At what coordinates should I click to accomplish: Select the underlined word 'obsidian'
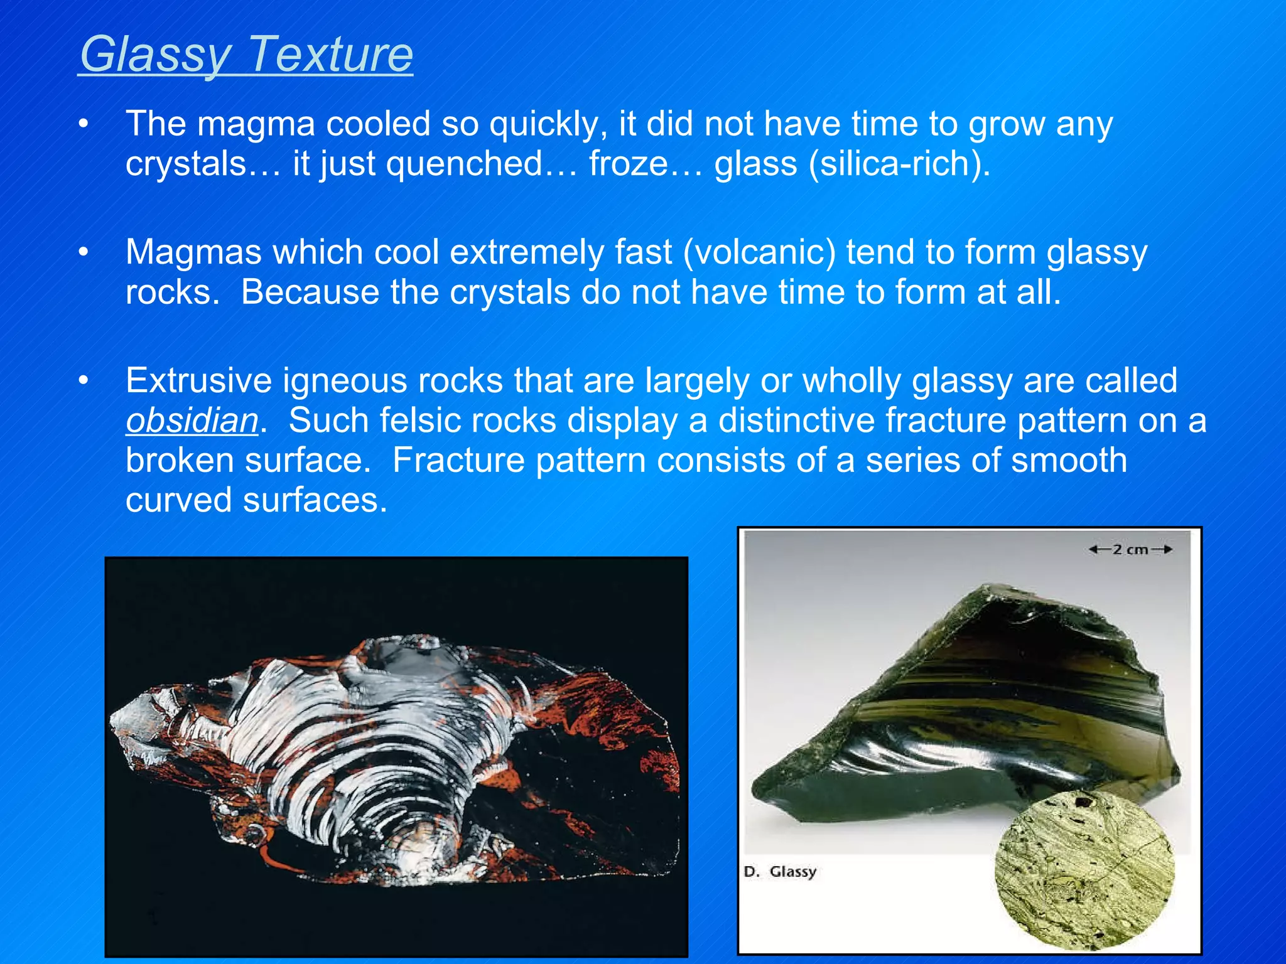coord(192,420)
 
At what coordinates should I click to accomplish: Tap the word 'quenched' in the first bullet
coord(464,164)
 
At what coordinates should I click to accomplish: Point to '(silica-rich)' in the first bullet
coord(899,164)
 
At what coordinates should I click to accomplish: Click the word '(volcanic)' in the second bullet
coord(759,252)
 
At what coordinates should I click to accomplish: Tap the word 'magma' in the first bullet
coord(256,124)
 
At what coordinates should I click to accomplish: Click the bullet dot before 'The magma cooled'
coord(84,124)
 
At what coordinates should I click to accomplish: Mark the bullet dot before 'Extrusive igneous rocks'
coord(84,381)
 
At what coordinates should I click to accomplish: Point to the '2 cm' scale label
coord(1130,550)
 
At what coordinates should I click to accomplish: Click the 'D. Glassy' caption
coord(780,872)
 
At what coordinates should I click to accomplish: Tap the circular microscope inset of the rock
coord(1084,869)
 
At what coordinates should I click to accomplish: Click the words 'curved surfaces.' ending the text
coord(256,501)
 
